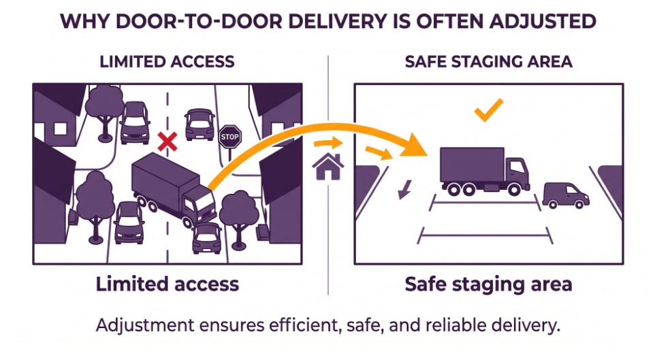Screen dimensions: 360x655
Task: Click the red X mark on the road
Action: [x=167, y=142]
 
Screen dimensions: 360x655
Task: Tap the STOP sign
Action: [x=230, y=136]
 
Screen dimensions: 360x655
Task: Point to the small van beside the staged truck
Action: [x=566, y=195]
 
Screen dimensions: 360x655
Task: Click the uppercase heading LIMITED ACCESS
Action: [x=167, y=62]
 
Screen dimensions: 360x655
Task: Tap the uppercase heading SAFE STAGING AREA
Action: [x=488, y=62]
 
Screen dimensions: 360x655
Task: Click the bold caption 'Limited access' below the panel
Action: [x=167, y=284]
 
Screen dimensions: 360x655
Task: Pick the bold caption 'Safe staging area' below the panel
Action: [x=488, y=284]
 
